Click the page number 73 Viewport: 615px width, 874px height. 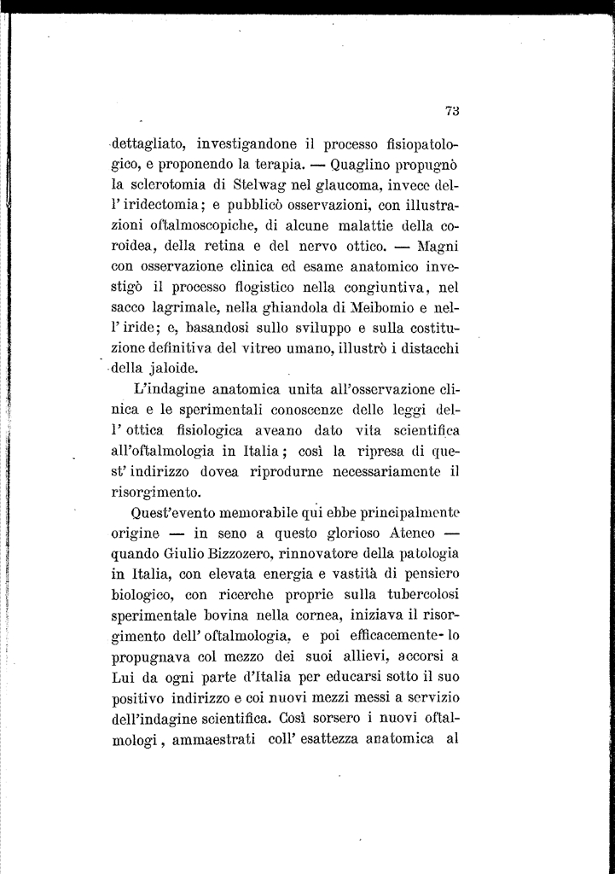click(452, 109)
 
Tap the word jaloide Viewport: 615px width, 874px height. click(171, 370)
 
